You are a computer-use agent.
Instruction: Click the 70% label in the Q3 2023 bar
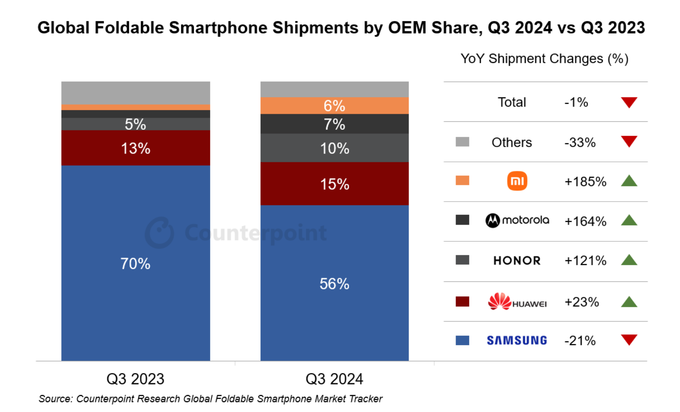point(135,264)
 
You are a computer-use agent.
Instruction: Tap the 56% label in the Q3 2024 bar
point(334,284)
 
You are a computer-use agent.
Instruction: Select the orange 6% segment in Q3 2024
point(334,106)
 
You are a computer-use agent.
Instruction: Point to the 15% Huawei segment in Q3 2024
point(334,184)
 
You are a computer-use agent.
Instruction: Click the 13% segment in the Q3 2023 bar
point(135,148)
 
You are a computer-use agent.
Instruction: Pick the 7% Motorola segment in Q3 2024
point(334,124)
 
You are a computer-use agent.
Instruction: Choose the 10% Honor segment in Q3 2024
point(334,148)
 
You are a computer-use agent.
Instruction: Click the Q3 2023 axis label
point(135,379)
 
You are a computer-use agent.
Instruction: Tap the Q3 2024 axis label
point(334,379)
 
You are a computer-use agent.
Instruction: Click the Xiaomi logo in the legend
point(517,181)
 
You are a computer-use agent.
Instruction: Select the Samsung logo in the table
point(517,341)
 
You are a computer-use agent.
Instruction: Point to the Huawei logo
point(517,302)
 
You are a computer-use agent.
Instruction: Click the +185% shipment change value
point(585,181)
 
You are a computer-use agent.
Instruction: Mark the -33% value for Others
point(580,142)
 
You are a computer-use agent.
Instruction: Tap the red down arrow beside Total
point(629,102)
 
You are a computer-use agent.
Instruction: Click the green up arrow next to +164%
point(629,220)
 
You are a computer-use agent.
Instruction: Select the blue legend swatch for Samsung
point(462,340)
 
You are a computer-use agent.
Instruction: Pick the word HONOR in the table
point(517,260)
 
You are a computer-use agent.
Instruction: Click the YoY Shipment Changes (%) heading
point(544,59)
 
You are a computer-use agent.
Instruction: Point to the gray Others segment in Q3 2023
point(135,93)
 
